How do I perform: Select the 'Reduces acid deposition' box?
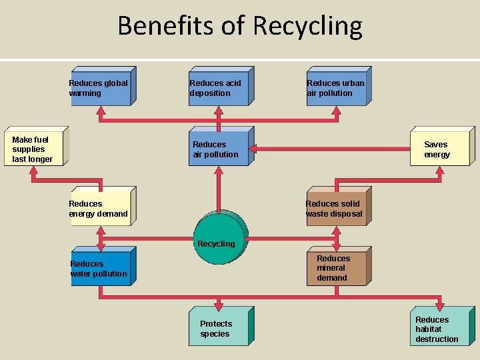(x=219, y=87)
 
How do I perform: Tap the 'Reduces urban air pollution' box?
(x=337, y=87)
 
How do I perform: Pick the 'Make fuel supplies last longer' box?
(x=35, y=149)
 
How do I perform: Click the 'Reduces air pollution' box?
(x=218, y=149)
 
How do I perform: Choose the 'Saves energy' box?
(x=439, y=148)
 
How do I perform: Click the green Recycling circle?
(x=218, y=238)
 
